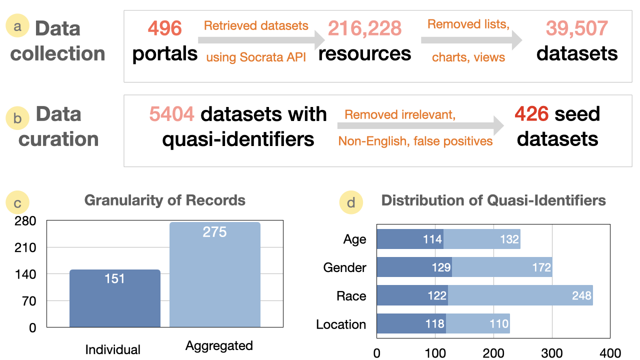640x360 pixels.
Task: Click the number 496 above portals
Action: coord(164,28)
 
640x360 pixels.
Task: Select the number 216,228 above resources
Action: coord(364,28)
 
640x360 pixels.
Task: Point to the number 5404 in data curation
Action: coord(171,114)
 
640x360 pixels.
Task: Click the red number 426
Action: coord(533,114)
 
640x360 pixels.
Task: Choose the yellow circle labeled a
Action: coord(17,26)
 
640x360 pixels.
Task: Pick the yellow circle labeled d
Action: coord(351,202)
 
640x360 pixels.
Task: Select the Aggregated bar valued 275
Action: coord(215,275)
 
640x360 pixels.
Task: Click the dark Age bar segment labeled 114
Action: coord(410,239)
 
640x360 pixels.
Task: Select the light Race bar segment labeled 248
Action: coord(520,295)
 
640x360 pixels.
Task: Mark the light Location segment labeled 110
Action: coord(477,324)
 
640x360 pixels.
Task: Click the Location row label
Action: coord(341,324)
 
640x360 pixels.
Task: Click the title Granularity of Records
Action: coord(165,200)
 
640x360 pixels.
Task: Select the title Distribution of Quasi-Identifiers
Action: coord(493,200)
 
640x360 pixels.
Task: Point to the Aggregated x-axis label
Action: coord(219,345)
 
